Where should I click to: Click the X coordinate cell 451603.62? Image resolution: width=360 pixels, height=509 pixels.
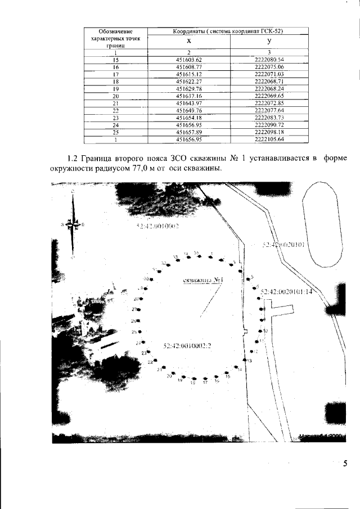tap(188, 59)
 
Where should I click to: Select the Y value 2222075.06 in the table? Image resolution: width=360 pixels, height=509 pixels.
tap(269, 66)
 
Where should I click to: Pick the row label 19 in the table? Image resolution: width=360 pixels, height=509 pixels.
tap(115, 88)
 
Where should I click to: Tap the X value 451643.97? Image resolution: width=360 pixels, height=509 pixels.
tap(188, 103)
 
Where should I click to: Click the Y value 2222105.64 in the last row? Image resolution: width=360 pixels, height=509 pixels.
tap(269, 139)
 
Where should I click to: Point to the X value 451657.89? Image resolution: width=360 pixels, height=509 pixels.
tap(188, 132)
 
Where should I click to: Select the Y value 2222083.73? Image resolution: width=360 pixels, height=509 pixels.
tap(269, 118)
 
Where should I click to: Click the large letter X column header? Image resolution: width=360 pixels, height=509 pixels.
tap(188, 42)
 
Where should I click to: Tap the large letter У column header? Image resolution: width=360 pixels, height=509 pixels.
tap(269, 42)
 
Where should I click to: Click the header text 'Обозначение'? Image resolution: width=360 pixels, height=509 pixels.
tap(115, 30)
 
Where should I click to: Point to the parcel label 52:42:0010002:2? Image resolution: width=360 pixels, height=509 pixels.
tap(186, 345)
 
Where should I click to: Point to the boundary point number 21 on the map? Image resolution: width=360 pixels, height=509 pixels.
tap(160, 370)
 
